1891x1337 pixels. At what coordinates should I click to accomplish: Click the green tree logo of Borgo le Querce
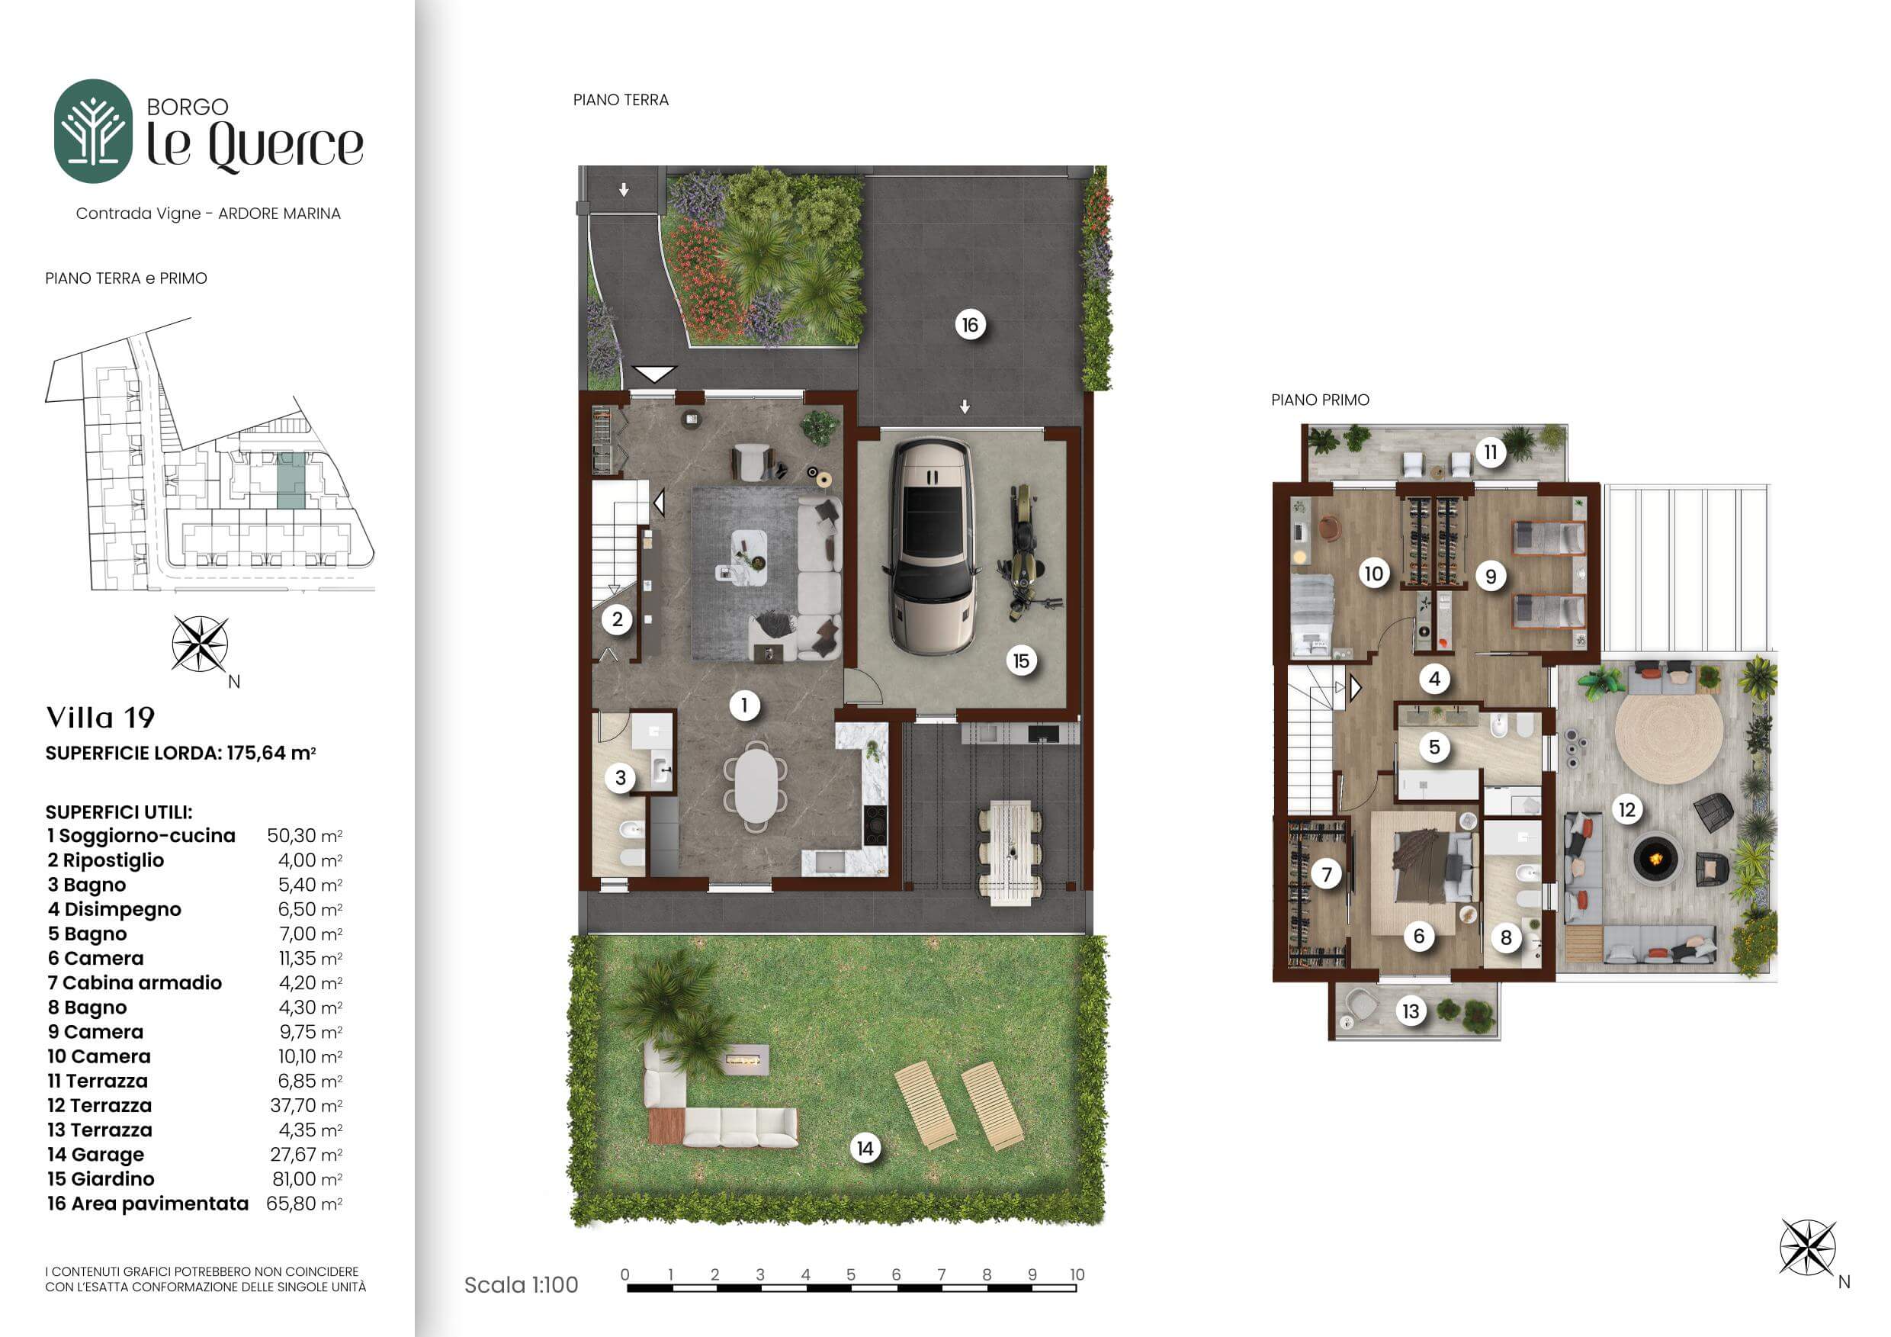[93, 131]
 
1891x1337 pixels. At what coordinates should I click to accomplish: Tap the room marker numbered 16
[970, 325]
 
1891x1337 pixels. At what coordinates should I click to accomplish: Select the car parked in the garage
[932, 546]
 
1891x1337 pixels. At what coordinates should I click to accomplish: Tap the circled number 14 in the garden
[865, 1149]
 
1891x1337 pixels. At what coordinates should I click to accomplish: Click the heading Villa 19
[101, 718]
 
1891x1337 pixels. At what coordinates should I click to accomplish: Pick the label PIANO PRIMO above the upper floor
[1320, 400]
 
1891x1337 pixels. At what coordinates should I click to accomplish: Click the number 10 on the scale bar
[1077, 1274]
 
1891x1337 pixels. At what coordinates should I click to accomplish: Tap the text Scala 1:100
[522, 1284]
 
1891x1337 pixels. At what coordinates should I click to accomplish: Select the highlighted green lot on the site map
[291, 480]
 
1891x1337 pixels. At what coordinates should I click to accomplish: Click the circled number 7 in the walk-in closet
[1327, 874]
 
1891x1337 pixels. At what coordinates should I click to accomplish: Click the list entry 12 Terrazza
[100, 1105]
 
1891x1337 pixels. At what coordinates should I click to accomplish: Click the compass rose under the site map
[200, 644]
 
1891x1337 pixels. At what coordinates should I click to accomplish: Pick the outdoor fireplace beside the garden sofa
[746, 1059]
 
